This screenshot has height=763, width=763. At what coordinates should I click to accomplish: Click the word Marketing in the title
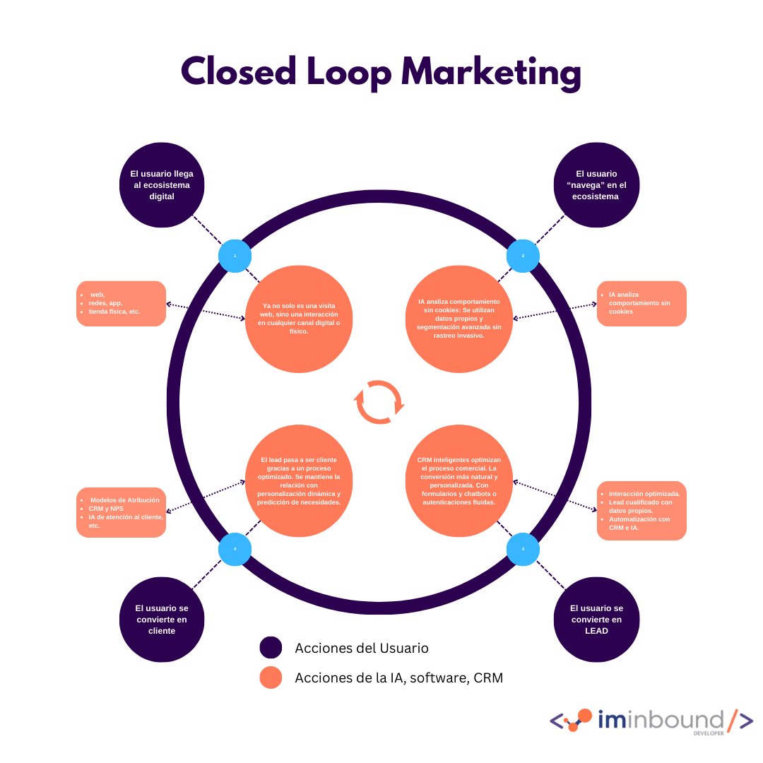point(491,73)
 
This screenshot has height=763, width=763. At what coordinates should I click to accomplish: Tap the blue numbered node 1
point(235,256)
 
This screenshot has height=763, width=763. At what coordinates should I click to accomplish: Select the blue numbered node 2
point(524,256)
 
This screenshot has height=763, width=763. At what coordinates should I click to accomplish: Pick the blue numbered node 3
point(524,550)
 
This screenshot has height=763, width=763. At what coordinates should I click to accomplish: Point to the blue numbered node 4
point(235,550)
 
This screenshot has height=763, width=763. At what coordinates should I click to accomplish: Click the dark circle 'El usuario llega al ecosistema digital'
point(162,185)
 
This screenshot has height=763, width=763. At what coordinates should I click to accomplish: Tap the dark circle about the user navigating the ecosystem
point(596,185)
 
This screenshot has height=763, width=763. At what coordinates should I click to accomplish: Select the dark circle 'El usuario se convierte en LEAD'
point(596,620)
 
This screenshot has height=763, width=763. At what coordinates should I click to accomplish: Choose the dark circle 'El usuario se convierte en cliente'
point(162,620)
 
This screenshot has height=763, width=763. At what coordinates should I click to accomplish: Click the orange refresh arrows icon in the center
point(379,402)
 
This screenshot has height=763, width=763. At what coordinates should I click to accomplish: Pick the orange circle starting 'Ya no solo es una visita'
point(299,319)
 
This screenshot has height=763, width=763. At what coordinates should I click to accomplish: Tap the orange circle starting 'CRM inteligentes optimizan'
point(459,480)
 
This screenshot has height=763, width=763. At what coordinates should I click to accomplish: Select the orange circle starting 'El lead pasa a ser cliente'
point(299,480)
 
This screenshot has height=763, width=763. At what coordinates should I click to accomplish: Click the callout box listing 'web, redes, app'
point(121,304)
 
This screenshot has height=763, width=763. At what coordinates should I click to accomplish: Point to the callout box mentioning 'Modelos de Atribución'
point(121,512)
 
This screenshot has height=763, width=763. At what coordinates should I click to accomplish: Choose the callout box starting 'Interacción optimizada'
point(641,511)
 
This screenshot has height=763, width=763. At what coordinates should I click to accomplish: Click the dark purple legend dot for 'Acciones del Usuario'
point(271,648)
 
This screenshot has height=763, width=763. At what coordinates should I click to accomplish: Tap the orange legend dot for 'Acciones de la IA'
point(271,678)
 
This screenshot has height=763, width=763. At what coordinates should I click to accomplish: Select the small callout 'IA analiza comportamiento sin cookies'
point(641,304)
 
